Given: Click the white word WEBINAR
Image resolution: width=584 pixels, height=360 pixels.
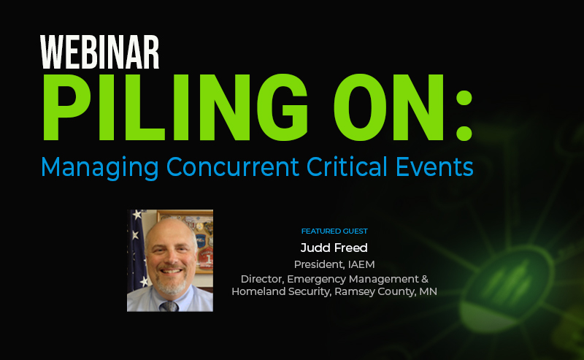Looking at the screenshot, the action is click(99, 52).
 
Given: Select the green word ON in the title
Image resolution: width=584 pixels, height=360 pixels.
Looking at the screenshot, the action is click(389, 107).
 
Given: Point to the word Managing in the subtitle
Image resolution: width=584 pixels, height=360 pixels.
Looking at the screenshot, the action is click(100, 168).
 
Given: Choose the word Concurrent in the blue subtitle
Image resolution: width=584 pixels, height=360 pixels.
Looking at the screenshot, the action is click(232, 166).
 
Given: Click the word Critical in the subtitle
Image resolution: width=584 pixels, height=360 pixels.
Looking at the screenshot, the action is click(347, 166).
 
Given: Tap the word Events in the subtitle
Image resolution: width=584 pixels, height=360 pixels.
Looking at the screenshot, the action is click(434, 166).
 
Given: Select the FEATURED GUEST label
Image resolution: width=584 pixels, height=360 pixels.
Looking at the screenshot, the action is click(334, 231).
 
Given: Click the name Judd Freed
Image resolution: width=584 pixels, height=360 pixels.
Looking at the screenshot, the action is click(334, 248).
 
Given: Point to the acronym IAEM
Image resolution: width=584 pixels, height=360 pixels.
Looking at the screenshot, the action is click(361, 264).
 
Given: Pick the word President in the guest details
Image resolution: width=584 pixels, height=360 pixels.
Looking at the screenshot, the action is click(319, 264).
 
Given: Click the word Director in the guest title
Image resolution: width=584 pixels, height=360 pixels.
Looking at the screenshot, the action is click(262, 279).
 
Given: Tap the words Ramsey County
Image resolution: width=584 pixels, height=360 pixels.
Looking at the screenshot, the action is click(374, 292).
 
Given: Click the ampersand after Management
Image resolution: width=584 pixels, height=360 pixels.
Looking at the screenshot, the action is click(425, 279).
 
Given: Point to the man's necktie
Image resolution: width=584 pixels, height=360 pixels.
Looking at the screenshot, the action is click(169, 306).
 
